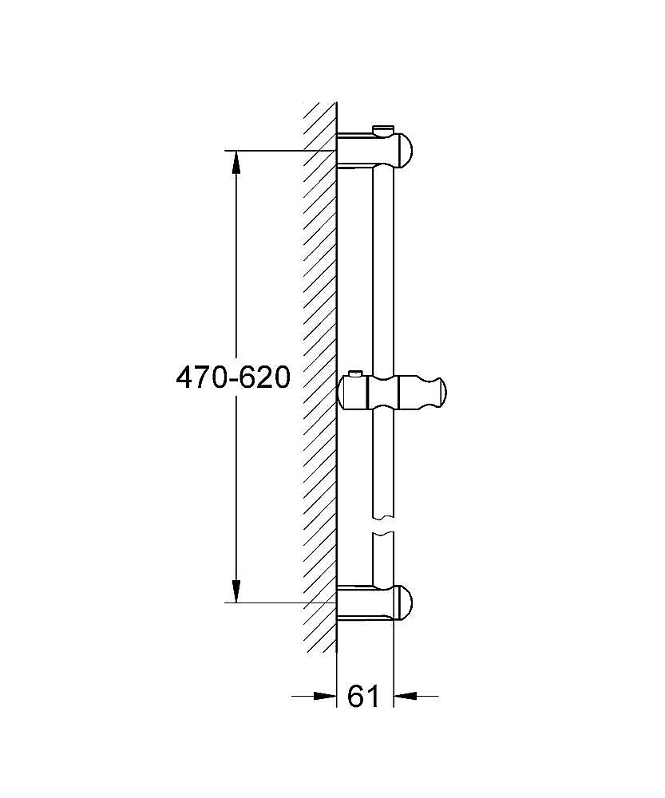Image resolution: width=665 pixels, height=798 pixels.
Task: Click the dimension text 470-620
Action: tap(233, 377)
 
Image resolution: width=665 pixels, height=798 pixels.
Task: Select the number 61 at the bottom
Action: tap(364, 696)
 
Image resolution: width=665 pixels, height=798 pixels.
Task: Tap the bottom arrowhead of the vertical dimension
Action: tap(236, 590)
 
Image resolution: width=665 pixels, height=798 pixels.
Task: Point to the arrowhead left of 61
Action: tap(325, 696)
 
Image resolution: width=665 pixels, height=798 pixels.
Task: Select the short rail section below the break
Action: tap(384, 559)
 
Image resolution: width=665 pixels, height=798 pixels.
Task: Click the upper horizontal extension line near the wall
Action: tap(279, 150)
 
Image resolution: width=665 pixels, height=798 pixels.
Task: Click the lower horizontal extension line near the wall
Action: tap(279, 602)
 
